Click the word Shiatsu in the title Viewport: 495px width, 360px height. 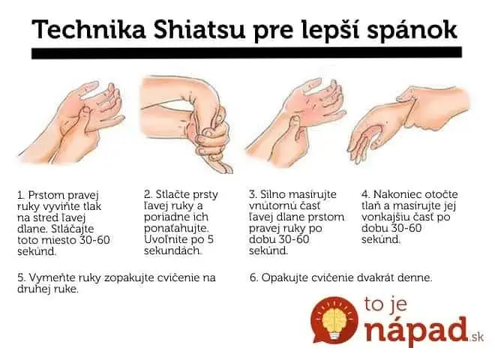click(199, 29)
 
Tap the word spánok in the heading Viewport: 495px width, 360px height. click(412, 31)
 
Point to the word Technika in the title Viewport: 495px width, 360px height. click(88, 29)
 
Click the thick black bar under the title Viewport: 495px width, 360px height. click(247, 52)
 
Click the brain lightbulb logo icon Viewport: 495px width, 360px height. click(334, 319)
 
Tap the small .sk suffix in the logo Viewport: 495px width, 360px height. click(477, 337)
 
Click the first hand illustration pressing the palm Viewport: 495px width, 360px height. click(71, 121)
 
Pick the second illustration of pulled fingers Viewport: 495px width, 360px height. click(186, 124)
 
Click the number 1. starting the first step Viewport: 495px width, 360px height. click(22, 195)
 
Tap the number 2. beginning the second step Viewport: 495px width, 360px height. click(148, 194)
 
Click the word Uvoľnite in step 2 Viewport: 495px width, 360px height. click(163, 239)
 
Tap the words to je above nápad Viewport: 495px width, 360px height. click(385, 304)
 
